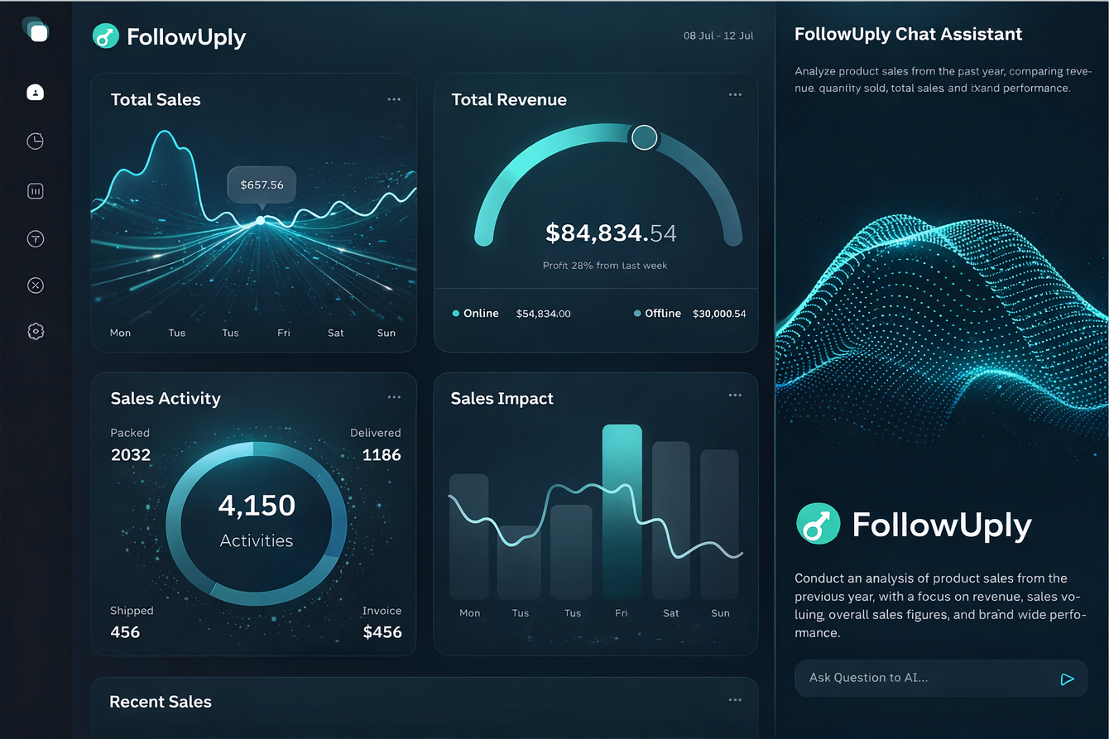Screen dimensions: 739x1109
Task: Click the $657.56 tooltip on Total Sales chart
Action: [x=262, y=185]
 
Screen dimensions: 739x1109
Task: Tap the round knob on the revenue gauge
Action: [x=644, y=137]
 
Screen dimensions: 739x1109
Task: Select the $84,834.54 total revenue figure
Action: [x=611, y=233]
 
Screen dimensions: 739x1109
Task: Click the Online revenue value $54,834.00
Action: [x=543, y=314]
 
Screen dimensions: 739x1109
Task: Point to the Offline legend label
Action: [x=663, y=314]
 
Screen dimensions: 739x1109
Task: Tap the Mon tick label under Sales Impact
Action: [x=469, y=613]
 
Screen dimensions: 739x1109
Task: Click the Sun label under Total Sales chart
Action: [x=386, y=333]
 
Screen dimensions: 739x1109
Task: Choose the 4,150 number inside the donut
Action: [x=257, y=505]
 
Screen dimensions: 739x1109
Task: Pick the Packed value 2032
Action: [x=131, y=454]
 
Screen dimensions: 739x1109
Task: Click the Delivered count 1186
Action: [x=382, y=454]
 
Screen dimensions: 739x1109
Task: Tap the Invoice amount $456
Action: [x=382, y=632]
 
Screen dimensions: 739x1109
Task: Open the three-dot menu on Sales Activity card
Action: [x=394, y=397]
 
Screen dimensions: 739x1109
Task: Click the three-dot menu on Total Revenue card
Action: [x=735, y=95]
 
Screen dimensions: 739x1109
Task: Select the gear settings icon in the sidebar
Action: [x=36, y=331]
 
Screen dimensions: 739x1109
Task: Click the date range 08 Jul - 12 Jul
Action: [x=718, y=36]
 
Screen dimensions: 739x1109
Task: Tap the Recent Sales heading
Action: [x=161, y=702]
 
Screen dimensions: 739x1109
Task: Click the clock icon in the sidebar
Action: [x=36, y=142]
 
